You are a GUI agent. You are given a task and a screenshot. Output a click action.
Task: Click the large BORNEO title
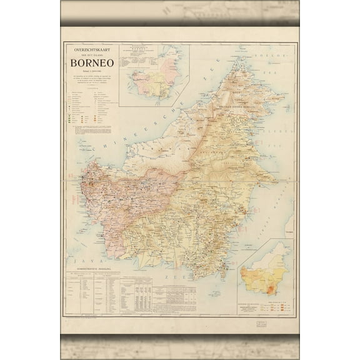(x=92, y=64)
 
